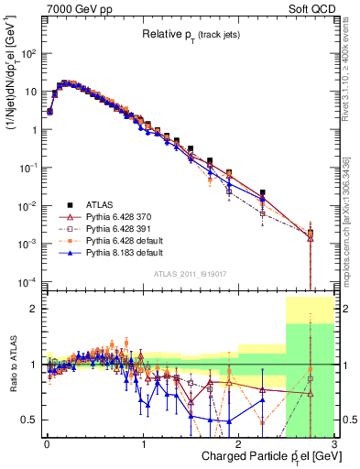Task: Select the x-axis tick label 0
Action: [46, 442]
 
